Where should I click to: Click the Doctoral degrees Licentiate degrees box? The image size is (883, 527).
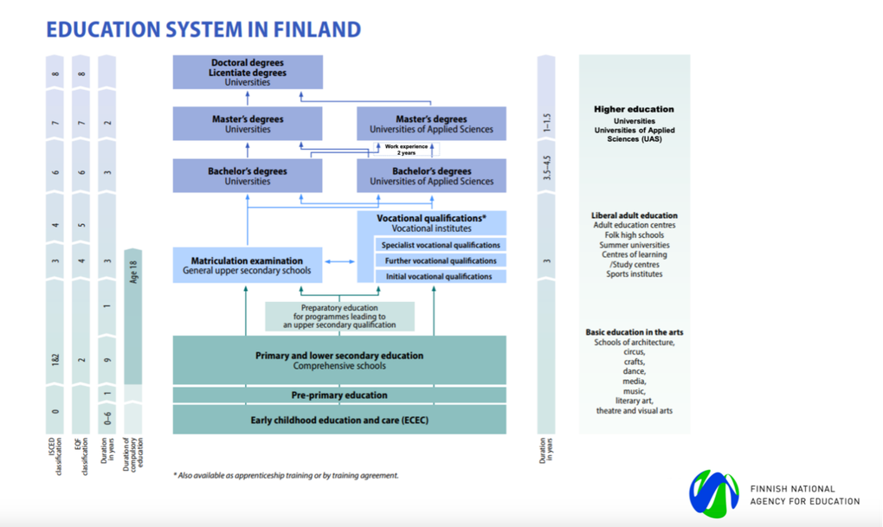[248, 72]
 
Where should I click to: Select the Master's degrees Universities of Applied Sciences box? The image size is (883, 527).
[431, 124]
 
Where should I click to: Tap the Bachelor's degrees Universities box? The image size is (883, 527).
[248, 176]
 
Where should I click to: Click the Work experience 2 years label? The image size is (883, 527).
[406, 149]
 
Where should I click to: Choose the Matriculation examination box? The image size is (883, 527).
[248, 265]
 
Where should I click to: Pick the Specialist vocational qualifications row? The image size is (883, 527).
[440, 245]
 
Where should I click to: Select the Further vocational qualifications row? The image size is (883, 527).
[440, 260]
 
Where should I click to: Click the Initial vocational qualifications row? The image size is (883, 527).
[440, 276]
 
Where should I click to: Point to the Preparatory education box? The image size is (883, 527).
[339, 316]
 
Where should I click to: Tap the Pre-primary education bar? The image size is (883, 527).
[339, 395]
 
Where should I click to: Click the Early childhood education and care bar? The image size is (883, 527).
[339, 420]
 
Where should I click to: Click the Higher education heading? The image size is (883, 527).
[634, 109]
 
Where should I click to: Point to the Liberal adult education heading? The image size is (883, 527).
[634, 215]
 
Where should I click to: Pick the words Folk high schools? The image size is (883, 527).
[634, 235]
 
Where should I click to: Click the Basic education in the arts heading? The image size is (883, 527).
[634, 332]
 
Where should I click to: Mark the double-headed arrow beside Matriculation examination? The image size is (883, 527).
[340, 261]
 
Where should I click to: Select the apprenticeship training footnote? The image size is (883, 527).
[286, 475]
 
